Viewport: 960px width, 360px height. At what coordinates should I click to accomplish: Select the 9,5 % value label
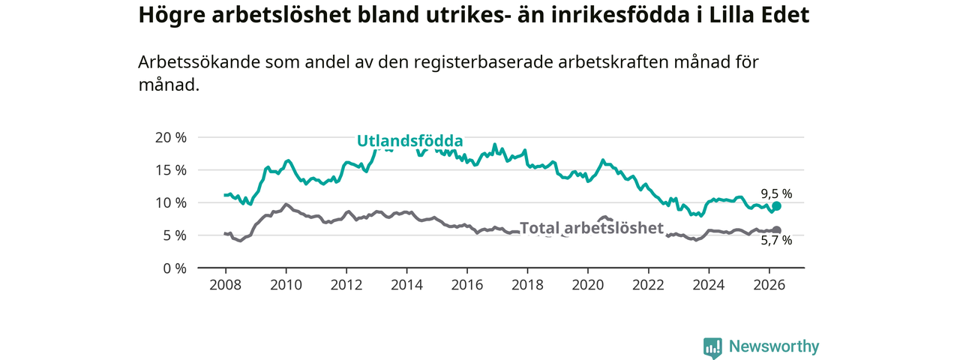776,194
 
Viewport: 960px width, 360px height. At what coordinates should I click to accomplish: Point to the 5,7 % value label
776,241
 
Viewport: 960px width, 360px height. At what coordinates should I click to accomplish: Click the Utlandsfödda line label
409,141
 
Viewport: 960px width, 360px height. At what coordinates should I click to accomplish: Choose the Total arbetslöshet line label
592,228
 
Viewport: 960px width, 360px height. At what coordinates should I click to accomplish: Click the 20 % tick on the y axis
170,137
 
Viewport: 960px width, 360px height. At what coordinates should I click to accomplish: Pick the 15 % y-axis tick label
170,170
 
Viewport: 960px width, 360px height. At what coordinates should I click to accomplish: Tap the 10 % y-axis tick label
170,202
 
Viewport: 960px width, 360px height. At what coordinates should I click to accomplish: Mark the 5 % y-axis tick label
175,235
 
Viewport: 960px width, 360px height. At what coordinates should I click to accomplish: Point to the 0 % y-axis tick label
175,268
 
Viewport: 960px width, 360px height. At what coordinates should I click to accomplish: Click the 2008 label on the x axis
226,285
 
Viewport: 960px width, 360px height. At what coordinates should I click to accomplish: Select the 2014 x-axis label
406,285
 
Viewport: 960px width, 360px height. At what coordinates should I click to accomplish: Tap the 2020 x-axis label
588,285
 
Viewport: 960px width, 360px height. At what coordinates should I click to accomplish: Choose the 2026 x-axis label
769,285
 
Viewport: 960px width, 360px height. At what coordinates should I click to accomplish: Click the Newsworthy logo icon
712,348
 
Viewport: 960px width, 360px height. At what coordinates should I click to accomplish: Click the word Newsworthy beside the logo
774,346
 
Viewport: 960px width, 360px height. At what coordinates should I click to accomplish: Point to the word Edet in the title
787,15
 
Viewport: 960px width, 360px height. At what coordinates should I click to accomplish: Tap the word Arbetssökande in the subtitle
199,62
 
